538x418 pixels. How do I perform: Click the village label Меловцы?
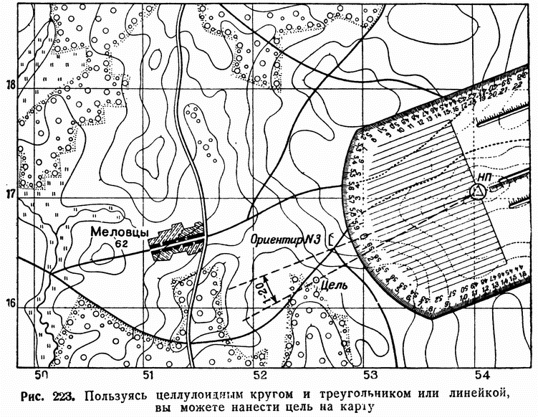tap(120, 232)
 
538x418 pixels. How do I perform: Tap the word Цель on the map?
tap(334, 285)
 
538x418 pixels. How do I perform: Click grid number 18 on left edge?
tap(10, 85)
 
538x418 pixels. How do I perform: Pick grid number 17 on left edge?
tap(10, 194)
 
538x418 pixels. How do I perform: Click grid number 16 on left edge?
tap(10, 304)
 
